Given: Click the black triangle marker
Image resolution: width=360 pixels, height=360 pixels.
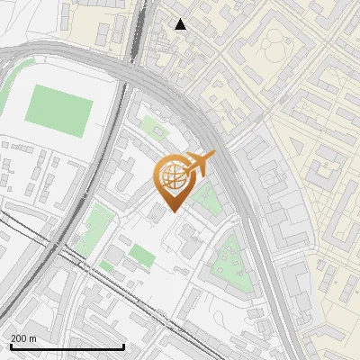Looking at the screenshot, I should coord(181,24).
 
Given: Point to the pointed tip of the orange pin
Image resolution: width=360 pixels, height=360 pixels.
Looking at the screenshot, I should coord(172,212).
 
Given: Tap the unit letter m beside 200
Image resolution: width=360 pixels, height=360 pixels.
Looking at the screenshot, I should coord(32,338).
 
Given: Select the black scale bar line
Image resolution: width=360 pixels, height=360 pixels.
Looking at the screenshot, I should coord(67,346).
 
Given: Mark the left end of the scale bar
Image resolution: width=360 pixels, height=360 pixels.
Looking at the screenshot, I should coord(10,346).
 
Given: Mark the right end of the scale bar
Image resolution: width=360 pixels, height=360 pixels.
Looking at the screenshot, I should coord(123,346).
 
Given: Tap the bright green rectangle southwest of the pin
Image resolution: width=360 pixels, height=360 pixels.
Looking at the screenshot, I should coord(141,256).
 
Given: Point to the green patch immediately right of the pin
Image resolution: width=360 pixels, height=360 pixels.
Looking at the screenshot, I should coord(207,200).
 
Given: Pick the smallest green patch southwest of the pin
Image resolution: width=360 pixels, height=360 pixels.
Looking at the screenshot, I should coord(107,267).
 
